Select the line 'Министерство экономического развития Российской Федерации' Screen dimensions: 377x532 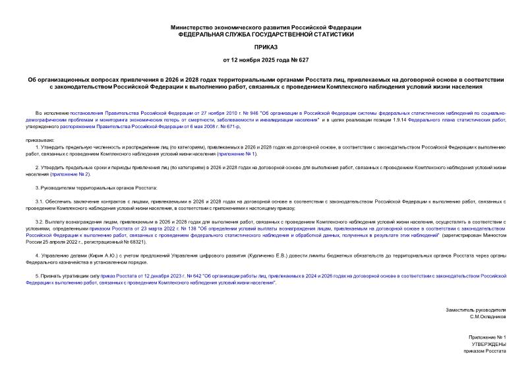coord(266,27)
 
